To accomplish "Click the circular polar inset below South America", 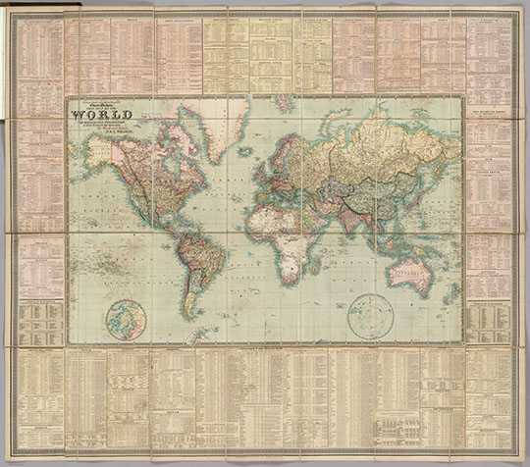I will tap(128, 319).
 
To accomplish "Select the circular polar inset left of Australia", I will tap(370, 316).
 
